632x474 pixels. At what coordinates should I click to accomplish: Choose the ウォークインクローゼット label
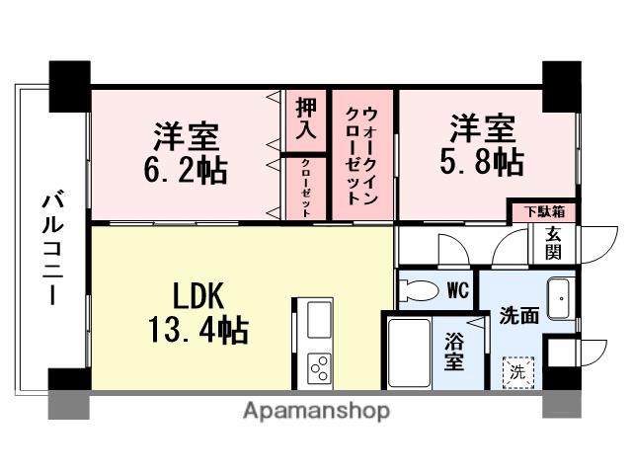(x=362, y=153)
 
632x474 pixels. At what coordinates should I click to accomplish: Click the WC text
(x=456, y=290)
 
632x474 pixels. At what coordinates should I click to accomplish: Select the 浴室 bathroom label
(x=453, y=353)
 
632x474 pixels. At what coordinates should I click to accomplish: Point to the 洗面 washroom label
(x=518, y=317)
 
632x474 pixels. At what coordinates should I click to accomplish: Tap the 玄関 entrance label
(x=552, y=242)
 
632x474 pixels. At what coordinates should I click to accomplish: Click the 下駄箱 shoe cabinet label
(x=544, y=210)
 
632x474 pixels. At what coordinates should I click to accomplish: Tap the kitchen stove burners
(x=320, y=368)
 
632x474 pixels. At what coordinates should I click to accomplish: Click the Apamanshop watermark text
(x=316, y=410)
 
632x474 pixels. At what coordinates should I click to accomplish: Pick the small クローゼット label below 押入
(x=305, y=188)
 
